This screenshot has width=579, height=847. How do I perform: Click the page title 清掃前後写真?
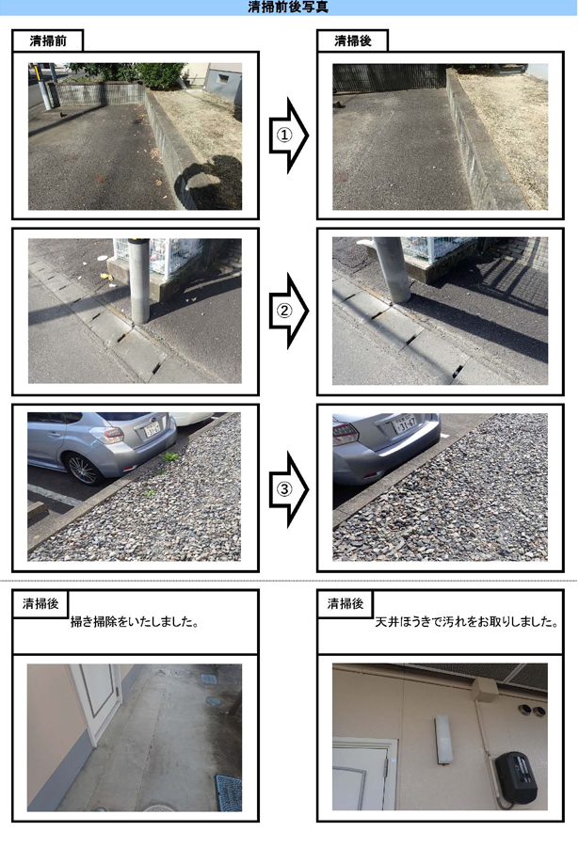coord(287,7)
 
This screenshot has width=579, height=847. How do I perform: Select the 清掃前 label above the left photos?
coord(48,41)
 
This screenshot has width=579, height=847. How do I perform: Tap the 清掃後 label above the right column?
coord(352,41)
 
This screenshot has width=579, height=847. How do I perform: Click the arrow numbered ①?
coord(289,136)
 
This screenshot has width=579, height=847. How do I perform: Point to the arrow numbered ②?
coord(289,312)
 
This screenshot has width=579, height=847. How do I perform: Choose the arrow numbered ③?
coord(289,489)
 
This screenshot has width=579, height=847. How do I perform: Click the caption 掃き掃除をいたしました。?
coord(135,622)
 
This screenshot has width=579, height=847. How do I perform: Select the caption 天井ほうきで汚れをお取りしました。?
coord(467,622)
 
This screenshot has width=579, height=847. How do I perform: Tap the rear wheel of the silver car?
coord(83,469)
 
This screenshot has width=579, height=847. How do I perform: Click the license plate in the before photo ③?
coord(153,430)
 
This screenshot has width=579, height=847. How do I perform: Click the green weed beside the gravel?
coord(169,458)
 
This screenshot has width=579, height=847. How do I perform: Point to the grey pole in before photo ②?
coord(138,280)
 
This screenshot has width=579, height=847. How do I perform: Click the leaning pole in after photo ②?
coord(392,269)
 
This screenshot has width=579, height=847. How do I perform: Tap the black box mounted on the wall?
coord(515,775)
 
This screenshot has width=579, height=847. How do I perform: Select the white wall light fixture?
coord(442,740)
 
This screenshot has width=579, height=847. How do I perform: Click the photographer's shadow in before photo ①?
coord(208,183)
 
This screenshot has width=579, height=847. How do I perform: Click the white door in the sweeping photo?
coord(95,702)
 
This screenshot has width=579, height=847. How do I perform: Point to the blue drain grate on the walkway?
coord(228,792)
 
